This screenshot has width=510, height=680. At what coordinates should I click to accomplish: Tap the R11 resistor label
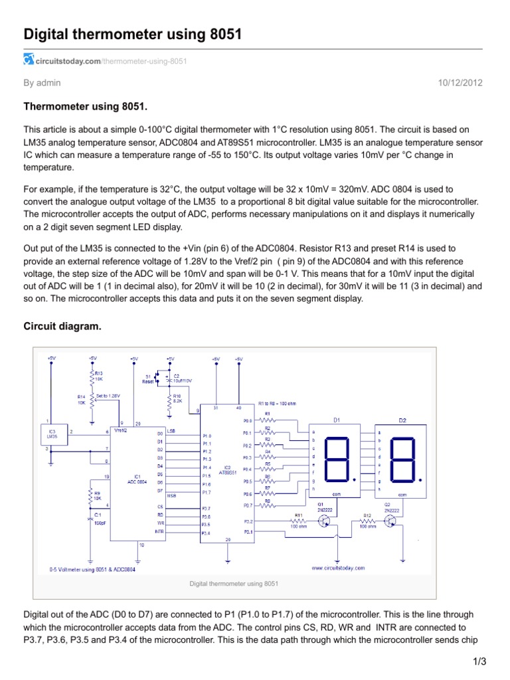(299, 515)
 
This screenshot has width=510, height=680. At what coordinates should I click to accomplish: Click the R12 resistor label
(367, 515)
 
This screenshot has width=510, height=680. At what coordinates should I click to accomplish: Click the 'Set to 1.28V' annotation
(109, 396)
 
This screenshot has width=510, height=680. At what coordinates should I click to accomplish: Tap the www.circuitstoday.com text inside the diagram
(338, 568)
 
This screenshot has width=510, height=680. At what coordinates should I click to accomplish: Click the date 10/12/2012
(460, 83)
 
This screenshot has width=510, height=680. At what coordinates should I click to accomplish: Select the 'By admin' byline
(42, 83)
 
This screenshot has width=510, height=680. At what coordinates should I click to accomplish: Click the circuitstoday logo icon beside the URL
(29, 60)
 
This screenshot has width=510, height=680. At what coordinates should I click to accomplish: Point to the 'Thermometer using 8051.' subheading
(85, 106)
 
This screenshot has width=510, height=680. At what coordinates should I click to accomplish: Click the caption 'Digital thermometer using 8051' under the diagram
(234, 584)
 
